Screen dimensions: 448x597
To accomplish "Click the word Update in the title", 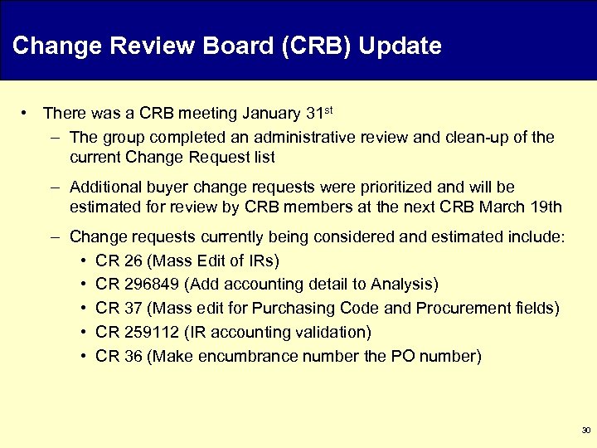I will tap(402, 46).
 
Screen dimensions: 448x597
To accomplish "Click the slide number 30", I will tap(586, 431).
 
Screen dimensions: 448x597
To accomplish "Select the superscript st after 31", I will tap(329, 109).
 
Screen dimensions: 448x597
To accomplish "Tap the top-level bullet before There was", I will tap(27, 113).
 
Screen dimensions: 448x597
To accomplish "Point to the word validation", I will tap(330, 333).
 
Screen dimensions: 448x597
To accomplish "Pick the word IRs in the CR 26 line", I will tap(260, 261).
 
